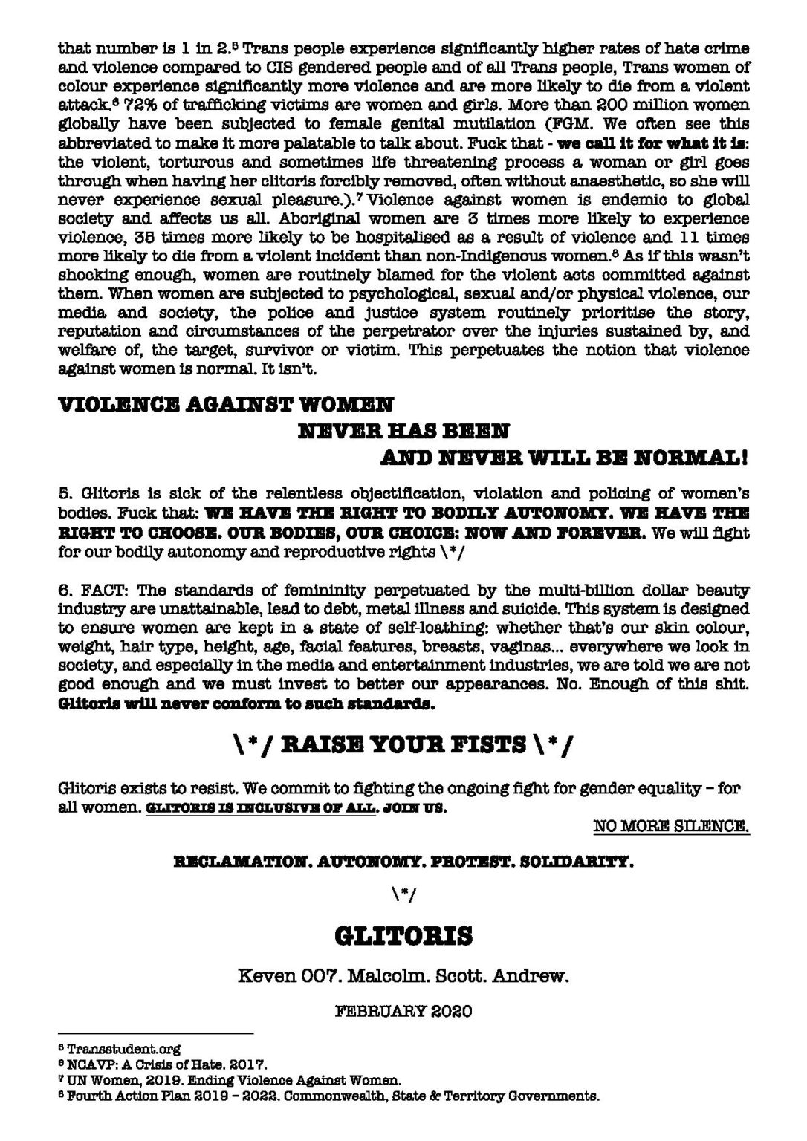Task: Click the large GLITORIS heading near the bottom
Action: tap(403, 935)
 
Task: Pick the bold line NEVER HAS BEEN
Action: tap(403, 431)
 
